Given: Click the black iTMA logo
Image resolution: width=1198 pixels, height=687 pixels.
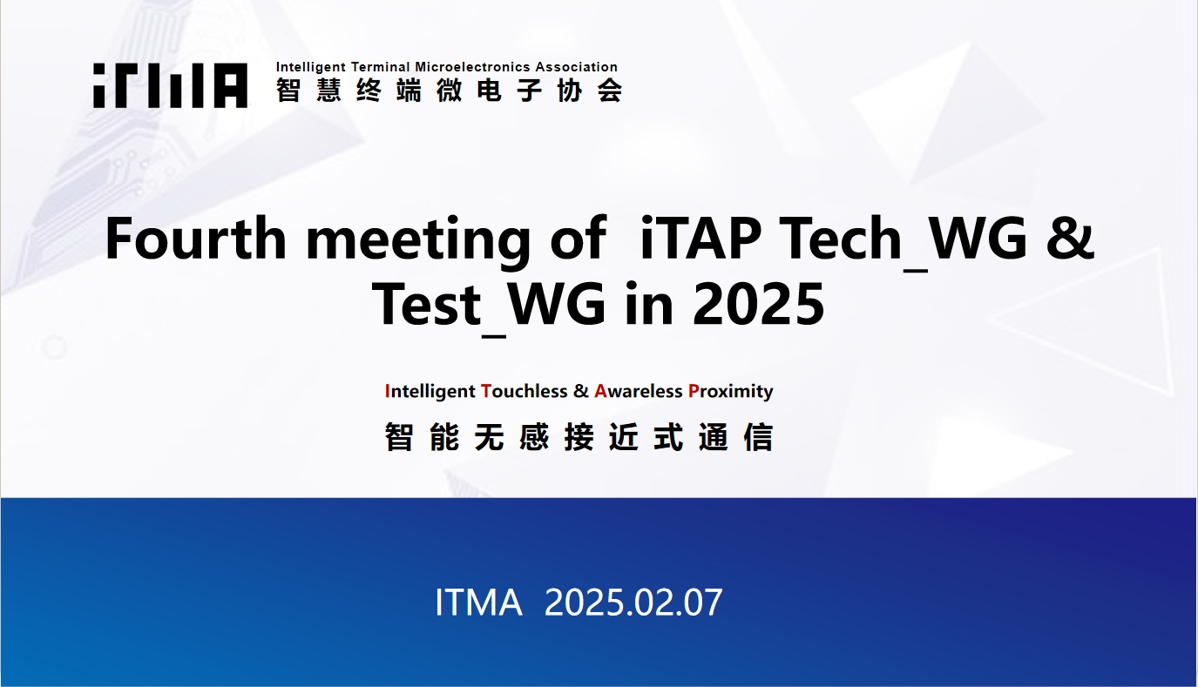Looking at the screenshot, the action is pos(170,85).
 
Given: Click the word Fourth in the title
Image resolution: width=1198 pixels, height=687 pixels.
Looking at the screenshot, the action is pos(196,238).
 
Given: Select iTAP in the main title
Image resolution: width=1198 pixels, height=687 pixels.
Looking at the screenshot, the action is pos(701,238).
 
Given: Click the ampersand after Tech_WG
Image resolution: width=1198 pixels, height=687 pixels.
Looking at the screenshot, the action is pos(1070,239).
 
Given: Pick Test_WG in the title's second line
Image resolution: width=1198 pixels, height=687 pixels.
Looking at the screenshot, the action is pos(489,306).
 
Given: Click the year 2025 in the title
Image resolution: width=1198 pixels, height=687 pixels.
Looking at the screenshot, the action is pos(758,305).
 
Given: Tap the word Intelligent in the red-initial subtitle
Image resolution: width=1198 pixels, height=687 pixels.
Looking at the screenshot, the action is pos(430,392).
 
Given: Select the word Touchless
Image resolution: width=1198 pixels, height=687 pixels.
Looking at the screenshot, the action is pos(525,391).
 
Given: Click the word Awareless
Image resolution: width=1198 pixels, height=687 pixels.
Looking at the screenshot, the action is pos(639,391).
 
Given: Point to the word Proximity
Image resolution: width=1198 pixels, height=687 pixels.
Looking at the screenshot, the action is pos(731,392).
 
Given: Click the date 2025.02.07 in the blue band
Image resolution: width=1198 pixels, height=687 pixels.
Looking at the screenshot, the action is pos(633,603).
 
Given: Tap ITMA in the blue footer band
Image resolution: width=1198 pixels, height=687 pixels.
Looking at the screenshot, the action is pos(478,603).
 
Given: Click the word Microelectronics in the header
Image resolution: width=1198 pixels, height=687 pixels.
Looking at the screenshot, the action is pos(473,67).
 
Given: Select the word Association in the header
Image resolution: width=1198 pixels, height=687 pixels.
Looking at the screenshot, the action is pos(577,67).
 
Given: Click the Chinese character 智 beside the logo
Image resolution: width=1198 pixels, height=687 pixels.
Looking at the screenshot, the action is pos(288,90).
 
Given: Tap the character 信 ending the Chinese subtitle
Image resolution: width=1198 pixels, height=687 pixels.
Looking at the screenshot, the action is pos(758,437).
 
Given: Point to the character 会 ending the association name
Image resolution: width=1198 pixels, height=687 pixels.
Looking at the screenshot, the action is pos(610,90).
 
